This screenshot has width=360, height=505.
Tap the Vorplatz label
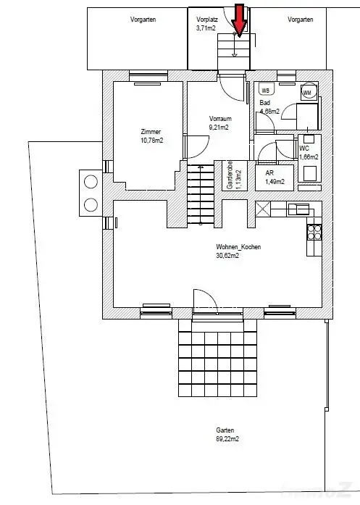click(206, 20)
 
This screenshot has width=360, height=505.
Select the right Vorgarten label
click(300, 20)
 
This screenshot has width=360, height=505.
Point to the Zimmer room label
click(151, 131)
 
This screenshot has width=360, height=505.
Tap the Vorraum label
click(219, 118)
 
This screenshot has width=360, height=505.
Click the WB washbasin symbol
click(265, 91)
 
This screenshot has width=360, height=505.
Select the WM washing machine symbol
click(306, 93)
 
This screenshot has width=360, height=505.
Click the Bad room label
click(265, 103)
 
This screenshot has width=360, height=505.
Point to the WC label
click(304, 149)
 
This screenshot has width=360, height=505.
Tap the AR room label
click(269, 174)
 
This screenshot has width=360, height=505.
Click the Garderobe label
click(229, 175)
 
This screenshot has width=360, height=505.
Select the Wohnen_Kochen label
click(238, 247)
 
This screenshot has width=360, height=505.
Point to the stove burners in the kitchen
click(315, 232)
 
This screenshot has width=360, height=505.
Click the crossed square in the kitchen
click(262, 209)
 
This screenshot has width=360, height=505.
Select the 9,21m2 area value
click(219, 127)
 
